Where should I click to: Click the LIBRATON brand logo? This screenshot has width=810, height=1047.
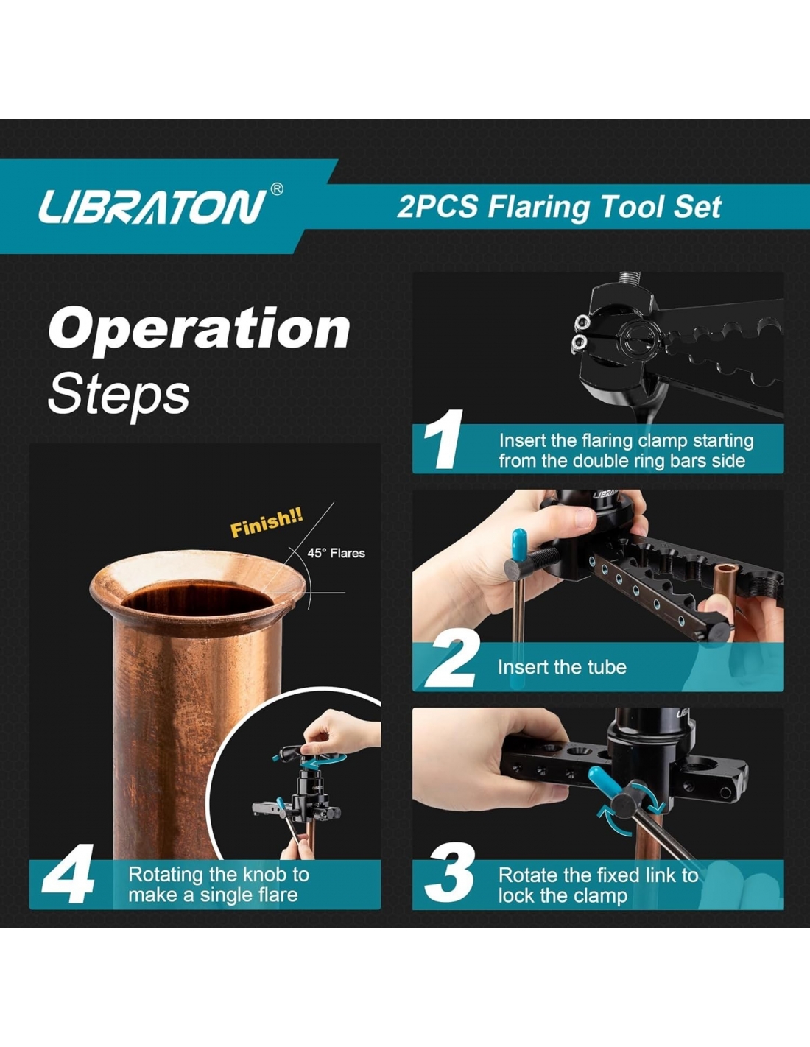[x=152, y=207]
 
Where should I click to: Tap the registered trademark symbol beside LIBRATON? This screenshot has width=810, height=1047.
[x=277, y=189]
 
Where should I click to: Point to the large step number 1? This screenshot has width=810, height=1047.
[x=443, y=439]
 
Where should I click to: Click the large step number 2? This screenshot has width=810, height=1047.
[x=452, y=659]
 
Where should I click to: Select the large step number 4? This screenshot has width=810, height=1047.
[x=68, y=873]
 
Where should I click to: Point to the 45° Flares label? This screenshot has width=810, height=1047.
[x=336, y=553]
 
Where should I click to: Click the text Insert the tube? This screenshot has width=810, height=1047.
[x=562, y=667]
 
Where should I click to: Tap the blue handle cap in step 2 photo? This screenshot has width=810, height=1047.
[x=518, y=544]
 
